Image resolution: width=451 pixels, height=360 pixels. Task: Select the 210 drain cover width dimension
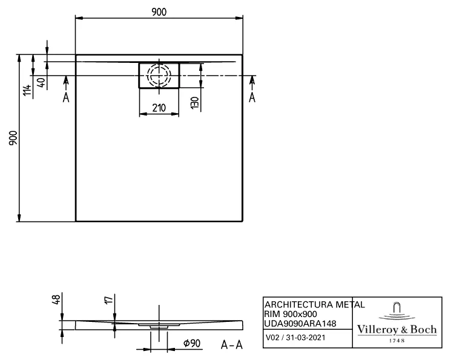point(159,108)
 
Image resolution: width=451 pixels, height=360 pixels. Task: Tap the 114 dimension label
point(27,91)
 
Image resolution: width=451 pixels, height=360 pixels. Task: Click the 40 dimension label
point(40,83)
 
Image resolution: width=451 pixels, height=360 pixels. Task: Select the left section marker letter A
point(66,97)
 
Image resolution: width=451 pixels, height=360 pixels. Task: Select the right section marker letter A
point(252,97)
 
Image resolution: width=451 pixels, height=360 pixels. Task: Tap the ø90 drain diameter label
point(191,344)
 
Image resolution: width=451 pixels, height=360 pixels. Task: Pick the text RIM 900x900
point(290,314)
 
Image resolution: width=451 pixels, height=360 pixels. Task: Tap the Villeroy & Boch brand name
point(396,329)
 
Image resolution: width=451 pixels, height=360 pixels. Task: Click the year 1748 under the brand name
point(396,340)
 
